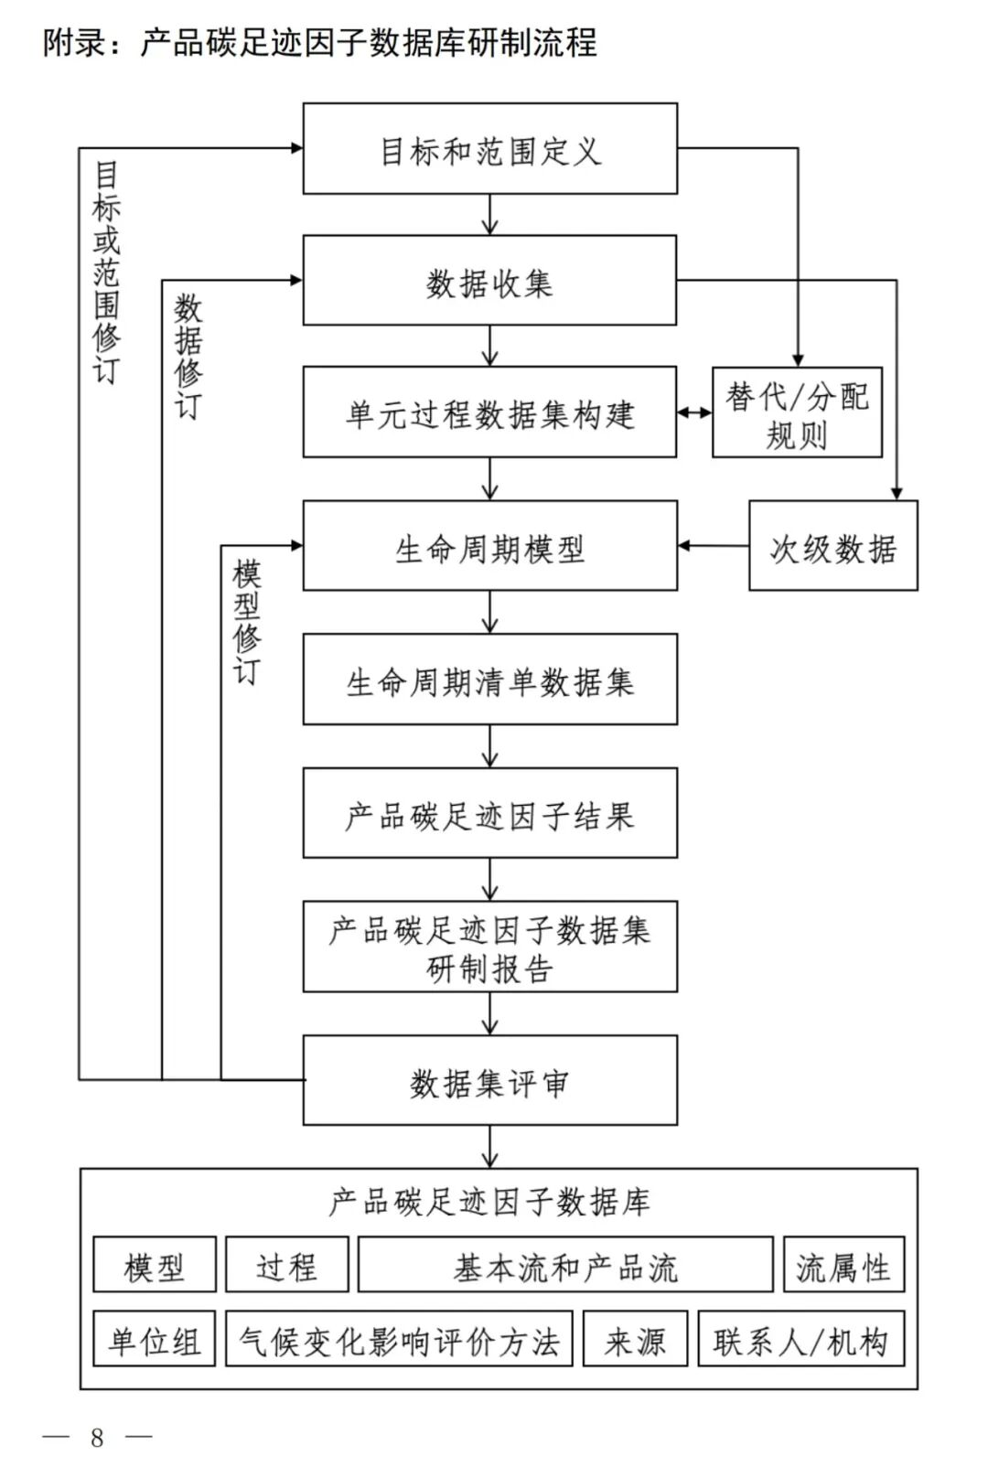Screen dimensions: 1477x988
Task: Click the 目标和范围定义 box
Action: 489,149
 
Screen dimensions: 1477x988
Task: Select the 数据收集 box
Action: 489,281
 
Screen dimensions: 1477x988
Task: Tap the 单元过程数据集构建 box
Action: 489,413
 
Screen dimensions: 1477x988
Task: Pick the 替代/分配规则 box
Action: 797,413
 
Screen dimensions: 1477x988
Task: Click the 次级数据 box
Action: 832,546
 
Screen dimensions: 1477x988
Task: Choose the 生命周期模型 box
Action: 489,546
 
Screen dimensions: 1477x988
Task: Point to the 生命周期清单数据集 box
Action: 489,680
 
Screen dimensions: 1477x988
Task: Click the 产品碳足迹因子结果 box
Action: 489,814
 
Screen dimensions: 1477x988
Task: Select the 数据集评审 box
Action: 489,1081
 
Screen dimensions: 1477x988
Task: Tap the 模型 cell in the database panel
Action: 155,1266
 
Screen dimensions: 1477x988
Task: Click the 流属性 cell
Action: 843,1266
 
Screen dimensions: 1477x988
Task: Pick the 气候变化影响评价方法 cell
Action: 399,1340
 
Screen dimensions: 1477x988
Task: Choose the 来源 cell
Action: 635,1340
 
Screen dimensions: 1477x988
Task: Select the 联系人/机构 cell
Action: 800,1340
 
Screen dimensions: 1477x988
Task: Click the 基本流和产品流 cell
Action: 565,1266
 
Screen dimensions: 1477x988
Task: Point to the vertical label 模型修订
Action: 247,621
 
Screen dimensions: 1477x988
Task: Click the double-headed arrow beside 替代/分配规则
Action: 694,413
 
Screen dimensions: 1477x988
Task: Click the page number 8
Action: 97,1438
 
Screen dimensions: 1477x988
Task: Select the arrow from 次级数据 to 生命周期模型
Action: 713,546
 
